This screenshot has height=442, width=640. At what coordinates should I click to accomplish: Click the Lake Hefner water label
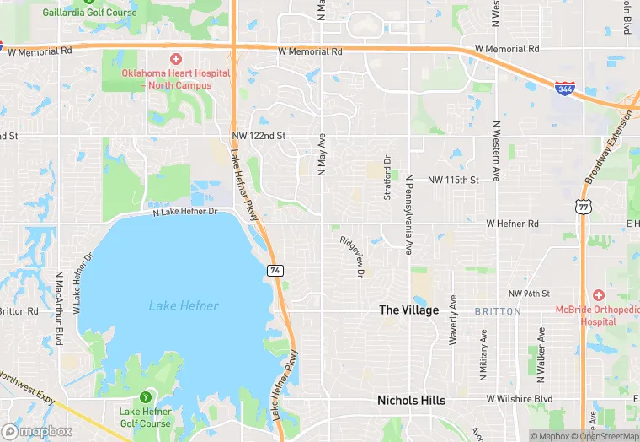(184, 305)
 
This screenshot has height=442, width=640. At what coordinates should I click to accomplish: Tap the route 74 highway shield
(275, 270)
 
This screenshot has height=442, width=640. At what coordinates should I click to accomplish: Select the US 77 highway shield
(582, 206)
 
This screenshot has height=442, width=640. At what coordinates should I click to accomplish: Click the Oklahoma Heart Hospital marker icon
(175, 58)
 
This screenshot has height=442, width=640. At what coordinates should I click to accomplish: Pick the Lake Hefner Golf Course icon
(146, 396)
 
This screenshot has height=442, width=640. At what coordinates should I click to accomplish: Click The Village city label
(408, 310)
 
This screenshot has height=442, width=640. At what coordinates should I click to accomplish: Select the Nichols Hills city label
(411, 400)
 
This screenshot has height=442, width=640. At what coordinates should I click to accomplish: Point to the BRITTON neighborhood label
(493, 311)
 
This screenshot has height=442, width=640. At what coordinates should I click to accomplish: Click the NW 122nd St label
(259, 136)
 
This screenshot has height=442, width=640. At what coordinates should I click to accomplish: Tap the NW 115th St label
(452, 180)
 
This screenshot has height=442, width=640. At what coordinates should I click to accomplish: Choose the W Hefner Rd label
(512, 224)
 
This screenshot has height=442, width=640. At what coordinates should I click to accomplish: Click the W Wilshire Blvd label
(519, 398)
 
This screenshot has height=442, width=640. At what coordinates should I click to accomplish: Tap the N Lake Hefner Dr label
(184, 212)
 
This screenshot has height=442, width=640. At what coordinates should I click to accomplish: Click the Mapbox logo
(37, 431)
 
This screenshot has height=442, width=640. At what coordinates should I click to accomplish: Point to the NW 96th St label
(529, 294)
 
